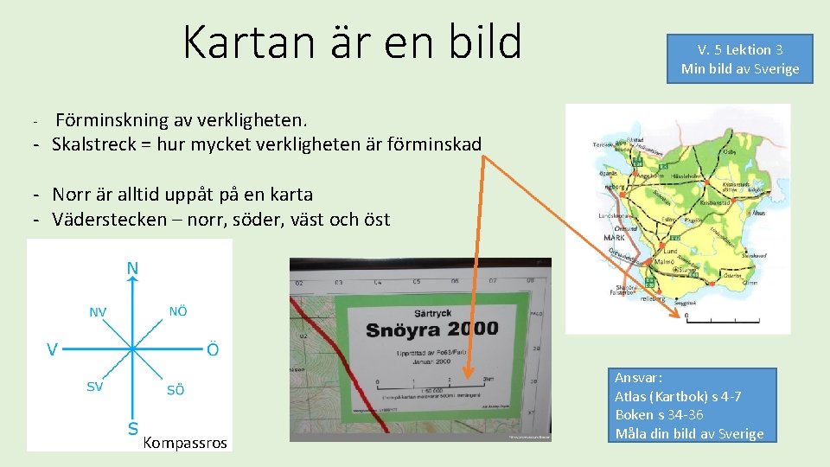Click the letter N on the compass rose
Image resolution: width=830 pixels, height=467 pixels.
(x=132, y=268)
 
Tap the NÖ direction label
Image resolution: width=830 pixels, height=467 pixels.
(x=177, y=310)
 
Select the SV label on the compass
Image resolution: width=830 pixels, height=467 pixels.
(x=94, y=387)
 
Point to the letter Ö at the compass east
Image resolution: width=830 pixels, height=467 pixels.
(x=212, y=349)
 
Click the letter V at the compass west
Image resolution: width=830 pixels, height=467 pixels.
(x=53, y=349)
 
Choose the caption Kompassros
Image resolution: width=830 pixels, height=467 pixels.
(x=184, y=443)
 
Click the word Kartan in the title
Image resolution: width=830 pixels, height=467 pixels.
(x=239, y=42)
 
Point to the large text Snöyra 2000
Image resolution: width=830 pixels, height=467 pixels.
(x=431, y=329)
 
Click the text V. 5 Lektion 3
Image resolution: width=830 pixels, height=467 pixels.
(x=740, y=50)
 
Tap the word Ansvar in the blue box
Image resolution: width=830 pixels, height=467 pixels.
(x=638, y=378)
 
